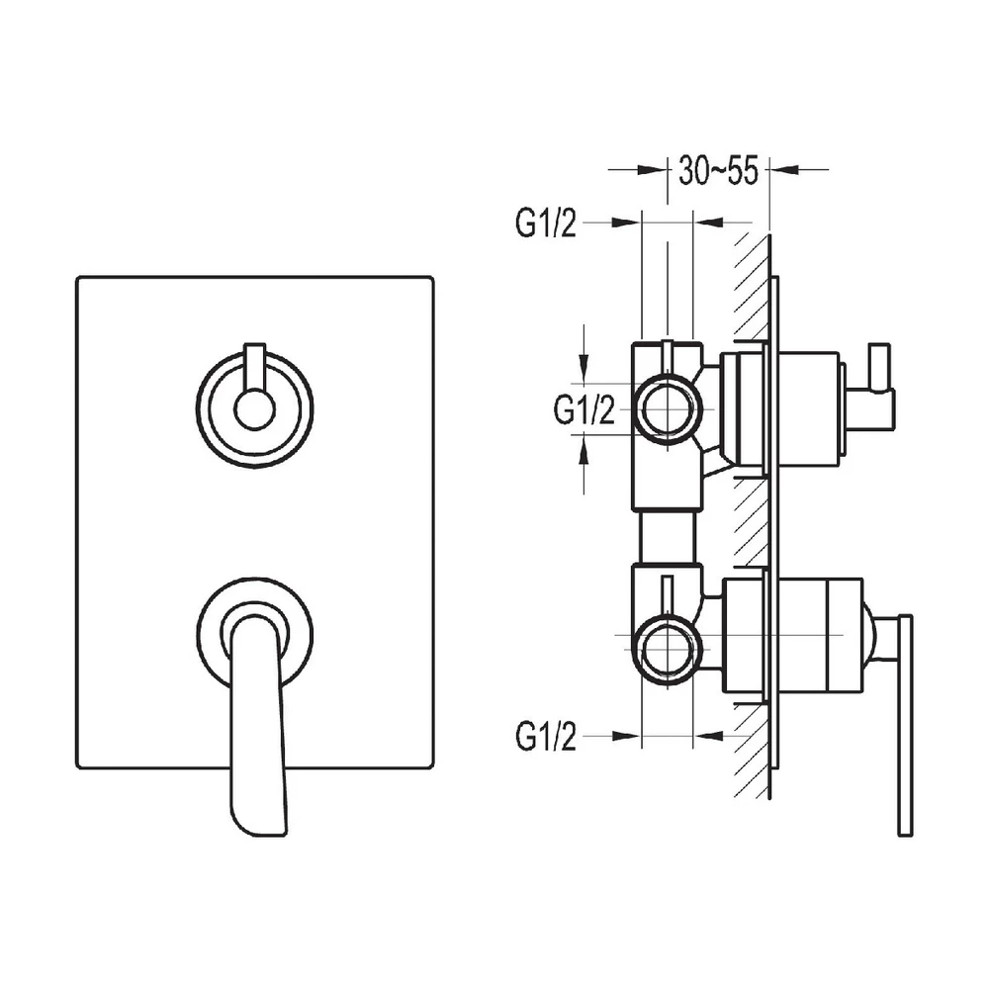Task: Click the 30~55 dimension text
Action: tap(718, 171)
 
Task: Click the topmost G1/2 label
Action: tap(545, 225)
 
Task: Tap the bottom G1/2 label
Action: tap(545, 736)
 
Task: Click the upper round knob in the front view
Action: tap(254, 405)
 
